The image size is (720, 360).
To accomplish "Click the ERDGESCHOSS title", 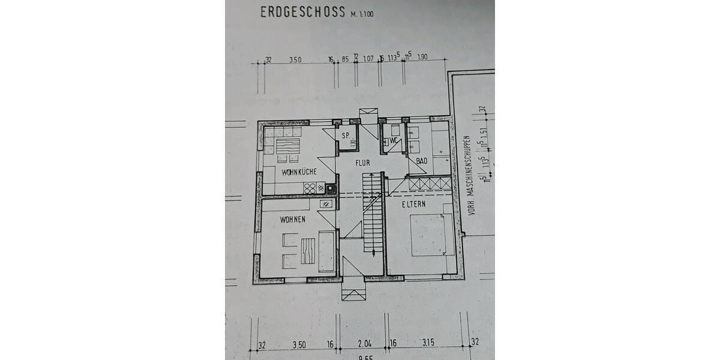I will tap(302, 12).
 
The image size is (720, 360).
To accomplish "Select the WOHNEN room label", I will tap(293, 220).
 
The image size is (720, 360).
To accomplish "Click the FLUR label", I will tap(362, 163).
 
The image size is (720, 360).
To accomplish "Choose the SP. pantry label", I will tap(345, 136).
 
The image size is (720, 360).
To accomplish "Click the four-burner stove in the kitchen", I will tap(310, 188).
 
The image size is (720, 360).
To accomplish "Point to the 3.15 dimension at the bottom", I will tap(428, 344).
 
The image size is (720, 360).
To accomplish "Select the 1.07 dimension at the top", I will tap(368, 59).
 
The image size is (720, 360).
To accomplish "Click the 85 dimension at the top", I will tap(345, 59).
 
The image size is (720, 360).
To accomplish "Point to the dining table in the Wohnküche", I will tap(287, 146).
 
